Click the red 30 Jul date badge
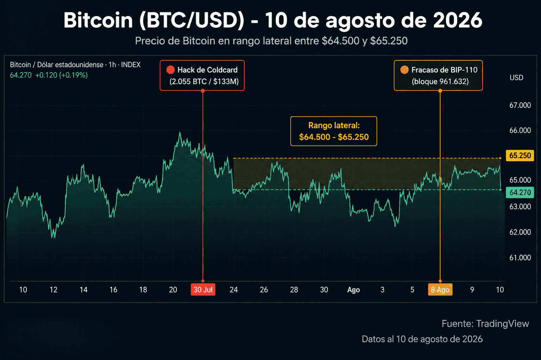[203, 290]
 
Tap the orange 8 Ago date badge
[440, 290]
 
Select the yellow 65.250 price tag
[520, 156]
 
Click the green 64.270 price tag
[520, 192]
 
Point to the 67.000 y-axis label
[520, 105]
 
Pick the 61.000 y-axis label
[520, 258]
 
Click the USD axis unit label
[516, 77]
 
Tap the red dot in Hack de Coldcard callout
[170, 70]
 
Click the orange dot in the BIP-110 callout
[404, 70]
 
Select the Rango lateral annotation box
[334, 131]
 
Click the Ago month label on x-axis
[353, 290]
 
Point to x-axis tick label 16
[113, 290]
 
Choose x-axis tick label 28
[294, 290]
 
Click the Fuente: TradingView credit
[485, 323]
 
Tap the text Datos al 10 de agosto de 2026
[422, 339]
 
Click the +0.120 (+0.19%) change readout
[61, 75]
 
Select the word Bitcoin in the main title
[98, 20]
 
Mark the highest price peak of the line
[180, 132]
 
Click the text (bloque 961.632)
[440, 81]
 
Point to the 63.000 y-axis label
[520, 207]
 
